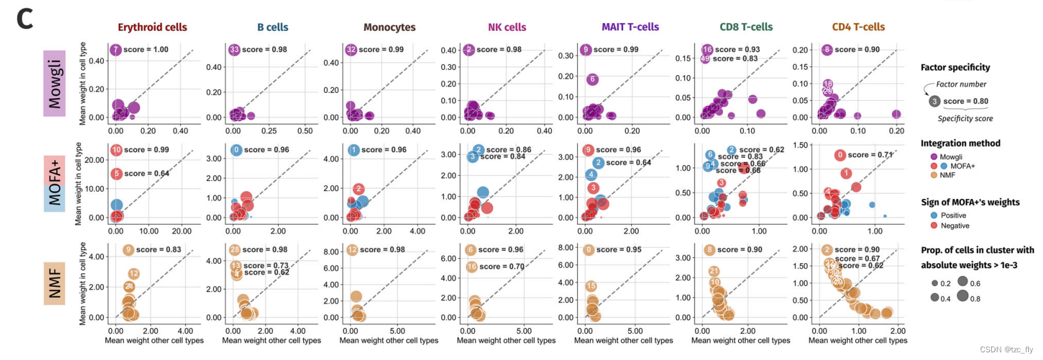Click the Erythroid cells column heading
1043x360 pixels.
pyautogui.click(x=152, y=27)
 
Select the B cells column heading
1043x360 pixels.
pyautogui.click(x=273, y=27)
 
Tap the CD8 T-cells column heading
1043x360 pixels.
pyautogui.click(x=746, y=27)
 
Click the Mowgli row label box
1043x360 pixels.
pyautogui.click(x=55, y=83)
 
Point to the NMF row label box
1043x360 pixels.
pyautogui.click(x=55, y=283)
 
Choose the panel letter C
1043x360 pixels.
pyautogui.click(x=24, y=19)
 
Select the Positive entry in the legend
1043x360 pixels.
pyautogui.click(x=953, y=216)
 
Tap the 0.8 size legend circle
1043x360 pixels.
pyautogui.click(x=963, y=296)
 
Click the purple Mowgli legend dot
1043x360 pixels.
pyautogui.click(x=934, y=157)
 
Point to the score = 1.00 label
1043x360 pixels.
pyautogui.click(x=146, y=49)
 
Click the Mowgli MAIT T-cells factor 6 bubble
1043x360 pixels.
pyautogui.click(x=592, y=80)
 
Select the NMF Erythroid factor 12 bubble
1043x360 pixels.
pyautogui.click(x=134, y=274)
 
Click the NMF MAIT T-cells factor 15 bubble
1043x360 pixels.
pyautogui.click(x=591, y=286)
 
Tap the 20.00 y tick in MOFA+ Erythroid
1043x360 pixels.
pyautogui.click(x=95, y=160)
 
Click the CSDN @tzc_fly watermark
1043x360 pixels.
pyautogui.click(x=1006, y=350)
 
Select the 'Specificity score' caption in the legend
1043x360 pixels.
pyautogui.click(x=965, y=119)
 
